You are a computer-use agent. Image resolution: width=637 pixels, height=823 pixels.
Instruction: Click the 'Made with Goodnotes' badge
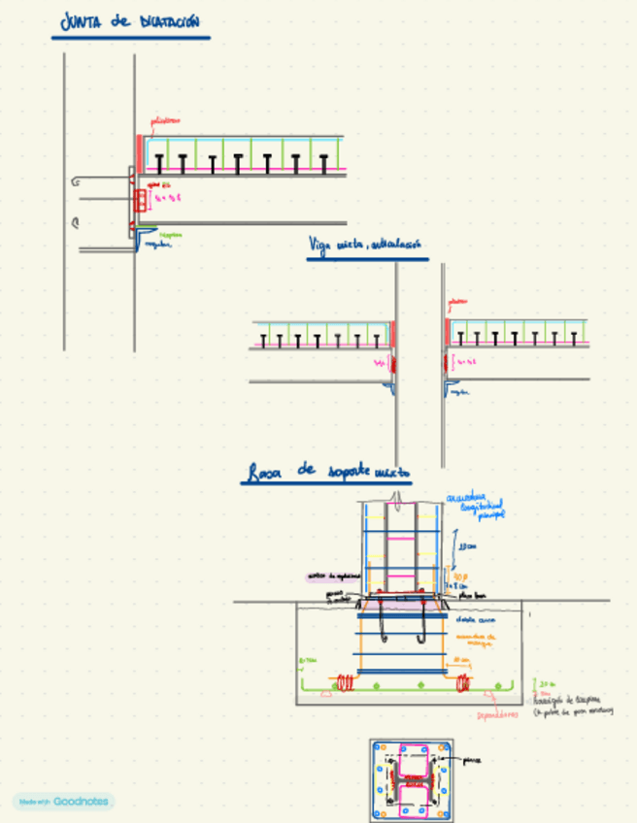coord(63,802)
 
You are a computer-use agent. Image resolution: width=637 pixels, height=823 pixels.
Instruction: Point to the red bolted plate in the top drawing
coord(143,201)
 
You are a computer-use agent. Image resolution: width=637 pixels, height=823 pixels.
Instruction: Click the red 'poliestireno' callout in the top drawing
coord(165,121)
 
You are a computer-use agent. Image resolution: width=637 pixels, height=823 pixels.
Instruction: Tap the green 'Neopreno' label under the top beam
coord(170,234)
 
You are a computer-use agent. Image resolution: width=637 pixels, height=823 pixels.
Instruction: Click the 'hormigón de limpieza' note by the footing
coord(573,705)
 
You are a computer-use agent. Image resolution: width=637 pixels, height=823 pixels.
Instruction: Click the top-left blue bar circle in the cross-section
coord(379,748)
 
